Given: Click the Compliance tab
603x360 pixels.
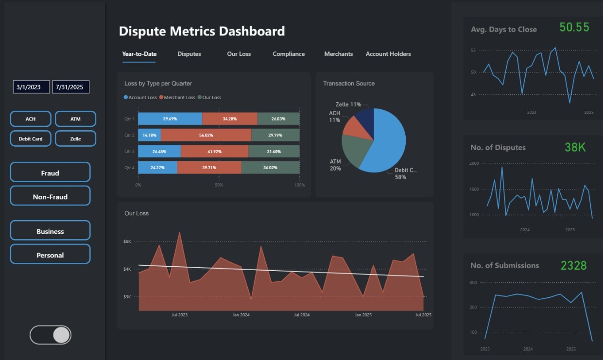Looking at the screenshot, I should (x=289, y=54).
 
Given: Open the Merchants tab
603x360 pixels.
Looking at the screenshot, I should (x=338, y=54).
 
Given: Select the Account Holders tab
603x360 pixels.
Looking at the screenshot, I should (x=388, y=54).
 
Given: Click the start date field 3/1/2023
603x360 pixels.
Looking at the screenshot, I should (x=31, y=87).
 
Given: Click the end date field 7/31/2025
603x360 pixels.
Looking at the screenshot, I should (x=70, y=87).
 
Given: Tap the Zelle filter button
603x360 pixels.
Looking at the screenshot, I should (x=75, y=138).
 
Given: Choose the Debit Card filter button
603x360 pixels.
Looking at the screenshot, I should (x=31, y=138).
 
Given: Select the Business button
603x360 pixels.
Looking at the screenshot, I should (x=50, y=231).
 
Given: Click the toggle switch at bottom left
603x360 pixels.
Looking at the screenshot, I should (x=51, y=335).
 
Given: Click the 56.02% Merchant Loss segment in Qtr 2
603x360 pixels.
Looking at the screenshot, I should (x=206, y=135).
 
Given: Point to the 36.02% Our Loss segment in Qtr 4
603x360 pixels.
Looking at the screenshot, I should (x=270, y=168).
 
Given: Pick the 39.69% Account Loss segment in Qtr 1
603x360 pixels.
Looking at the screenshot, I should (x=170, y=119).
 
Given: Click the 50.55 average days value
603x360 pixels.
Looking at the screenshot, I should (x=574, y=27).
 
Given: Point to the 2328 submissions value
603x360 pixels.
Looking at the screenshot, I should (x=573, y=265).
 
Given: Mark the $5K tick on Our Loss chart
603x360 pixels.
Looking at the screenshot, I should (x=127, y=241).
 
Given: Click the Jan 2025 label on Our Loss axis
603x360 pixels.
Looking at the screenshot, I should (x=363, y=315).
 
